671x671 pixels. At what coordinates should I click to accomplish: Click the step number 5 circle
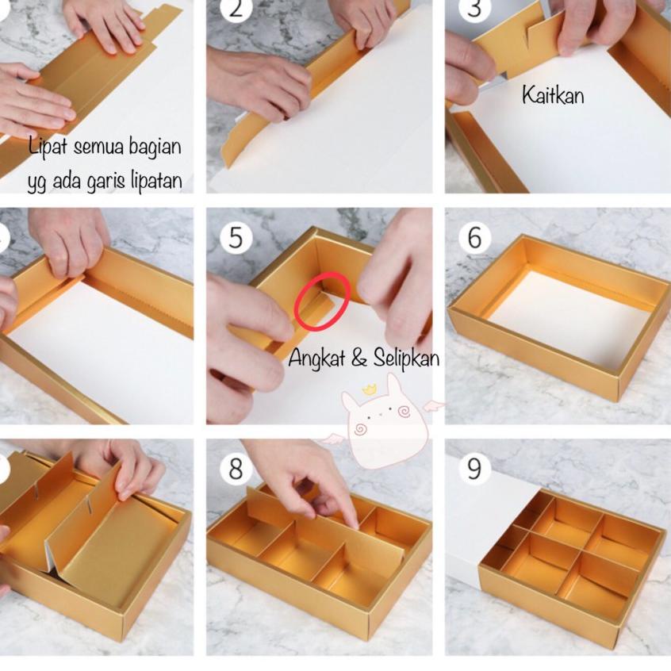(x=236, y=236)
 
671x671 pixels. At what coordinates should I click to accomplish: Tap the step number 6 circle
(x=474, y=236)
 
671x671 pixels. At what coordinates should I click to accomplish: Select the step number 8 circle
(x=236, y=469)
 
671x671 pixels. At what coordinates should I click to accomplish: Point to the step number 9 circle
(x=474, y=469)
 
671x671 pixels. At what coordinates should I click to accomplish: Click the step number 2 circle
(x=236, y=9)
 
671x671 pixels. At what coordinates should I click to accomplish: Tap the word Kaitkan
(x=553, y=94)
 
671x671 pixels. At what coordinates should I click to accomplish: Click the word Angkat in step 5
(x=316, y=358)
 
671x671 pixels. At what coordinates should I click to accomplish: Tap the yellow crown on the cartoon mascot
(x=369, y=389)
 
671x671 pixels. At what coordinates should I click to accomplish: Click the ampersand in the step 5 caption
(x=359, y=359)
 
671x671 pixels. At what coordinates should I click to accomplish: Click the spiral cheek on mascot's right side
(x=403, y=412)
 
